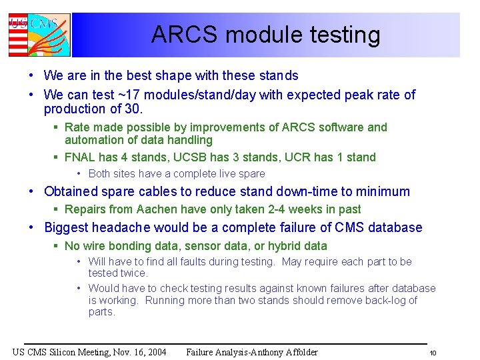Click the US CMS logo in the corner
(x=39, y=35)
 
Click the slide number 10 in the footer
(x=432, y=353)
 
